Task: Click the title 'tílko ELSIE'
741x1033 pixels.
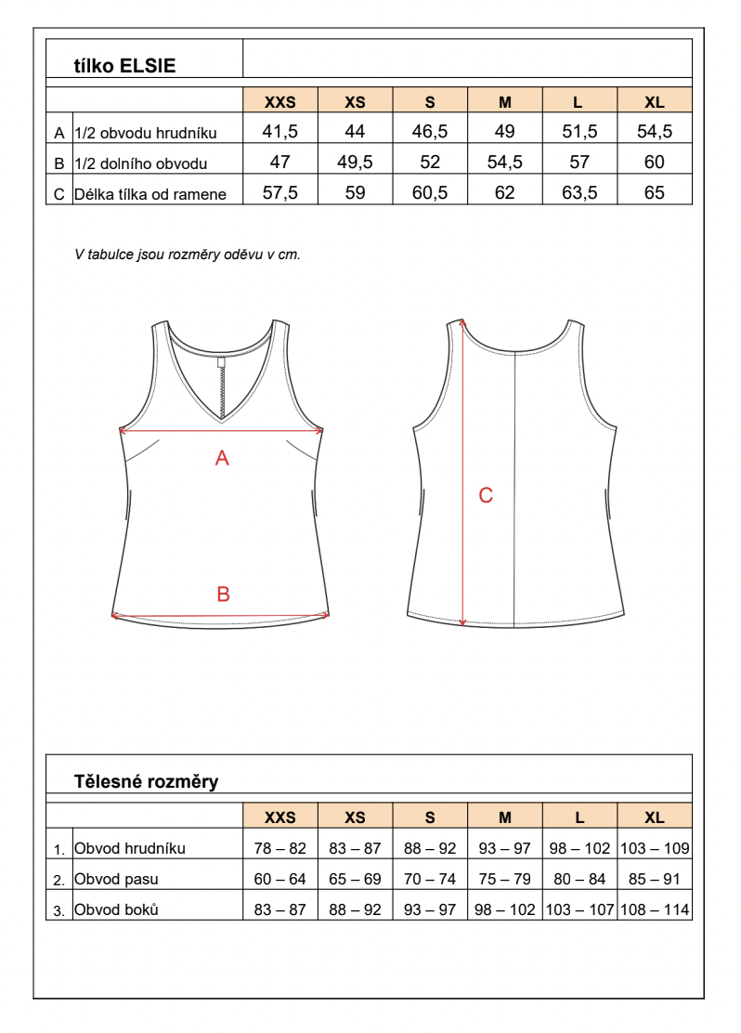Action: pos(124,66)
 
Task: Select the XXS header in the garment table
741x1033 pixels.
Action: pos(279,102)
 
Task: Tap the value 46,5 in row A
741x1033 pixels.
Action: pos(430,132)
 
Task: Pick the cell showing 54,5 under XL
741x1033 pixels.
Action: pos(654,132)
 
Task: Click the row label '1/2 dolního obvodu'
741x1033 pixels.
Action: pos(139,163)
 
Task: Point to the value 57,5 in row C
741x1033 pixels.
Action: pos(279,192)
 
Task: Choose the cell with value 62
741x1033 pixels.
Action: pos(504,192)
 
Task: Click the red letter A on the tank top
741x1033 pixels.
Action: pos(222,457)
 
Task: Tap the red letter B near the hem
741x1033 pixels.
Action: pos(223,595)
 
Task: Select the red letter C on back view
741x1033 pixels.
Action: pos(485,495)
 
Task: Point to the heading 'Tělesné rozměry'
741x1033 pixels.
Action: pos(146,781)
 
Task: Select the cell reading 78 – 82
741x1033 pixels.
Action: pos(279,848)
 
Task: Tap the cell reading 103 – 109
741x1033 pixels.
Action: pos(654,848)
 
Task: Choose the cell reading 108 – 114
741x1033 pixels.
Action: pos(654,909)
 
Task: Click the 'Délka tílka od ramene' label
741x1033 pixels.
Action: pos(150,194)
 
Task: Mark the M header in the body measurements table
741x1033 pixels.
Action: pos(504,817)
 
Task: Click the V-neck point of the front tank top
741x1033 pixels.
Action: pos(222,419)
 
